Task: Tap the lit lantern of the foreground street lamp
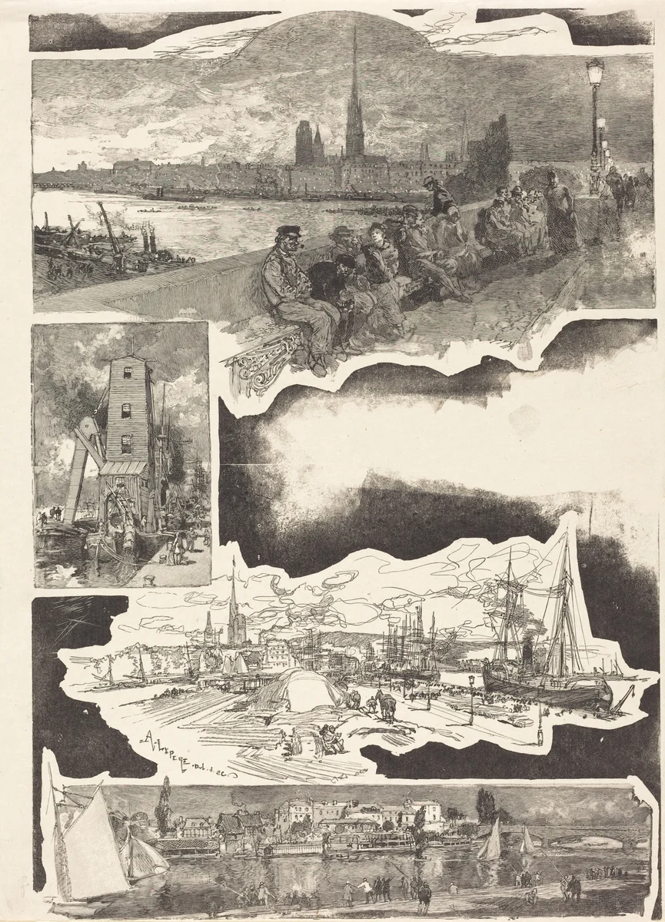(x=594, y=74)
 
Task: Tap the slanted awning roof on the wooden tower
(x=123, y=466)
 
